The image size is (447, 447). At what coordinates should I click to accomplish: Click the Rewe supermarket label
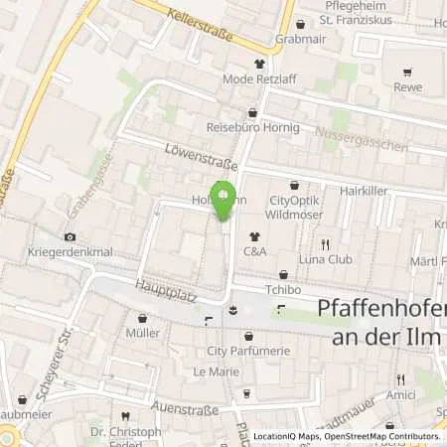pyautogui.click(x=406, y=86)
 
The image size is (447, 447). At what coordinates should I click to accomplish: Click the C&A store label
pyautogui.click(x=255, y=252)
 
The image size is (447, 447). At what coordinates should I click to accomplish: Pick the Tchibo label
pyautogui.click(x=282, y=289)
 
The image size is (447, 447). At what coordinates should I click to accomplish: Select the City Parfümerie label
pyautogui.click(x=247, y=351)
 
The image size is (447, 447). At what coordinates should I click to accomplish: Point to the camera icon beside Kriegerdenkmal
pyautogui.click(x=69, y=236)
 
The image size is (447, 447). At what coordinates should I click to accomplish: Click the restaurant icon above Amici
pyautogui.click(x=401, y=379)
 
